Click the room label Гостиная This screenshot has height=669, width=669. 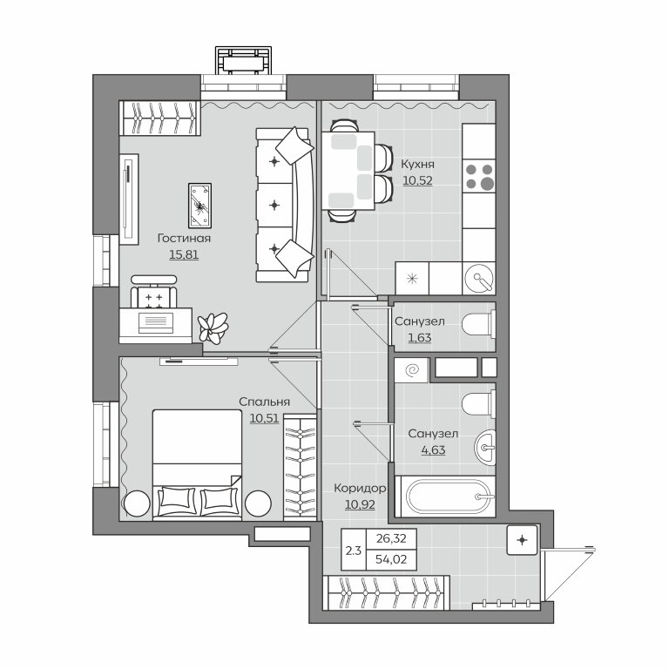184,238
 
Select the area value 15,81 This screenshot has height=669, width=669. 184,254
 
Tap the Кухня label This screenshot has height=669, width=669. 418,165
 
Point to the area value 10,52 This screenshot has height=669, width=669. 418,180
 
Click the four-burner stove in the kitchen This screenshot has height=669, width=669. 479,177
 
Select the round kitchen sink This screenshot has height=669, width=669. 480,278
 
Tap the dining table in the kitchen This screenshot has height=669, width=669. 348,171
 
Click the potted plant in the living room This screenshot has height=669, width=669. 213,328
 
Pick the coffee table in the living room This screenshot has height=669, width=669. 199,206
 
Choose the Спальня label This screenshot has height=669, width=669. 264,402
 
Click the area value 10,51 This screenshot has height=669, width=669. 264,418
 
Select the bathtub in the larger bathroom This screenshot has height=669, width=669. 445,497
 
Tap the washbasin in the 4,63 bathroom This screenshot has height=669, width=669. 485,448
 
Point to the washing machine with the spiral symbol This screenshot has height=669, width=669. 411,370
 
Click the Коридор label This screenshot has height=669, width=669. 360,488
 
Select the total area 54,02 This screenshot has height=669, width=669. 391,559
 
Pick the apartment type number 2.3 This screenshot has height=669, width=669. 354,551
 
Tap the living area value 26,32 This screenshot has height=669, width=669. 391,539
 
